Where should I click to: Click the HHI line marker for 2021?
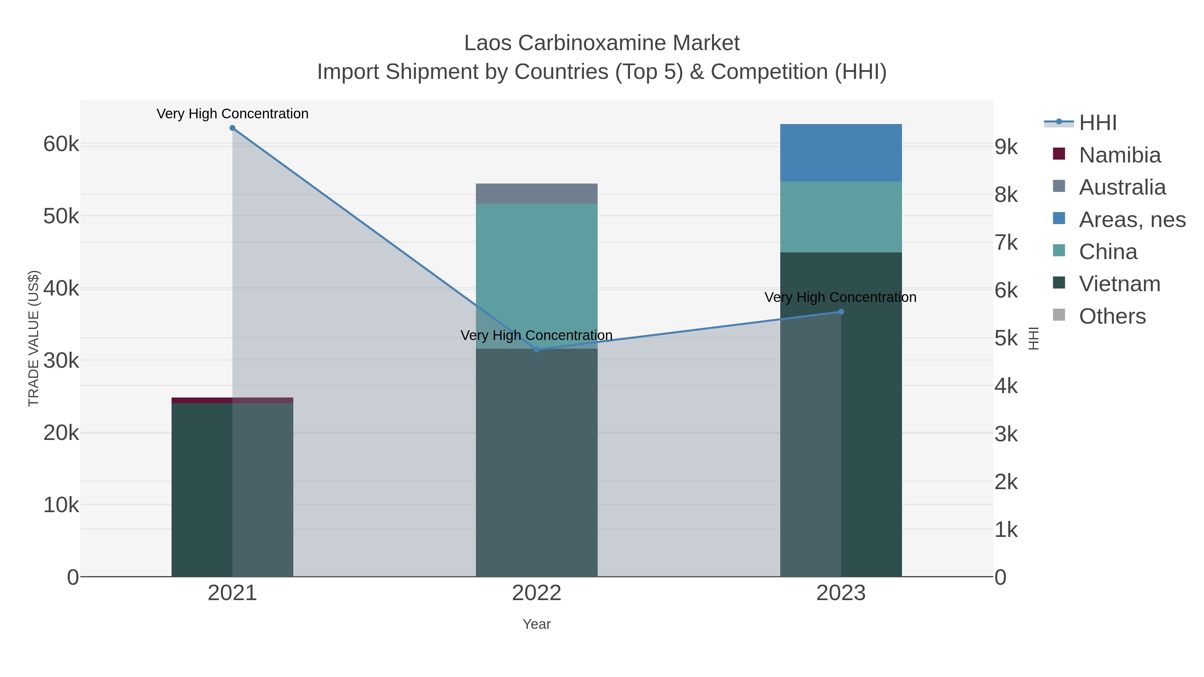point(232,128)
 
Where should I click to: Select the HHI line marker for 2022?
point(536,349)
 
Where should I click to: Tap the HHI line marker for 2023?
point(841,312)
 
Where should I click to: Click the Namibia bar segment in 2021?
point(232,401)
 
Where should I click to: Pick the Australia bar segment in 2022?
point(536,194)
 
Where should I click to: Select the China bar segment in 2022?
point(536,276)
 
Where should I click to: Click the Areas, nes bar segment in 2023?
point(841,153)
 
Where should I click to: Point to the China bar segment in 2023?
point(841,217)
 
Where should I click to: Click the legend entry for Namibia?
point(1119,155)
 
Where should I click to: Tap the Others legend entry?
point(1112,316)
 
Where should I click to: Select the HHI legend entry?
point(1097,123)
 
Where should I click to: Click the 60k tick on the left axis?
point(61,144)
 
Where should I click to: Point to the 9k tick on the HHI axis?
point(1006,147)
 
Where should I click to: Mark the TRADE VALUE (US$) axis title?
point(34,338)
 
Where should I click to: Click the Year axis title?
point(536,624)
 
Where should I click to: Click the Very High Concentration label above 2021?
point(232,114)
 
